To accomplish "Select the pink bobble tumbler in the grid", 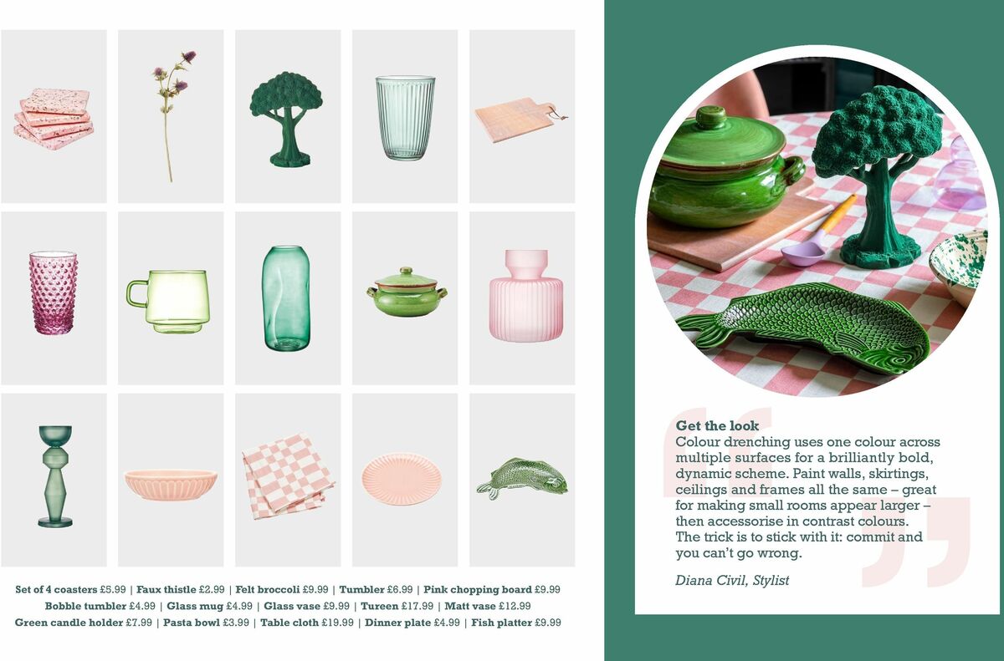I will tap(54, 293).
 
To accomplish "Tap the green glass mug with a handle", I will tap(170, 299).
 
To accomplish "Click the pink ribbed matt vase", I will tap(525, 296).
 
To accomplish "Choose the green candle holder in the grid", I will tap(55, 476).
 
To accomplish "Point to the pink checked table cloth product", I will tap(287, 475).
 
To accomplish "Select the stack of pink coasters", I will tap(54, 119).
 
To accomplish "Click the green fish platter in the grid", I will tap(522, 478).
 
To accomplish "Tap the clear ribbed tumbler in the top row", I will tap(405, 117).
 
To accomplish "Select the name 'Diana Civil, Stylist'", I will tap(732, 580).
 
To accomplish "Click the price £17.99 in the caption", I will tap(418, 606).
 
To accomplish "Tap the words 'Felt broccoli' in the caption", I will tap(264, 589).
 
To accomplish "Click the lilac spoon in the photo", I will tap(804, 252).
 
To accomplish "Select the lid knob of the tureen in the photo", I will tap(711, 117).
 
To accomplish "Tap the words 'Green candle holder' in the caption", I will tap(69, 623).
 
